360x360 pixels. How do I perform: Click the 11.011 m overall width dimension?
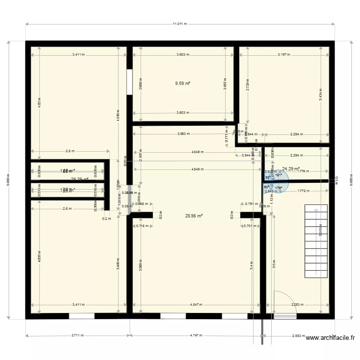(x=180, y=24)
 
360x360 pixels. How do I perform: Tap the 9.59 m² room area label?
(x=182, y=83)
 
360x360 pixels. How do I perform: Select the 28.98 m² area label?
(x=194, y=216)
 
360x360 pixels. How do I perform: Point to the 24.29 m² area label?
(x=290, y=168)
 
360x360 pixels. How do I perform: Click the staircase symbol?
(x=316, y=240)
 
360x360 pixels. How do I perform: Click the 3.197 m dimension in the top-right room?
(x=284, y=55)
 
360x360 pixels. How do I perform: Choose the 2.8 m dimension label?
(x=71, y=151)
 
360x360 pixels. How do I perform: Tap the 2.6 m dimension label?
(x=67, y=208)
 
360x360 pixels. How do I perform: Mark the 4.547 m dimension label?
(x=196, y=304)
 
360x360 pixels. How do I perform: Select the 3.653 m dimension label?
(x=183, y=134)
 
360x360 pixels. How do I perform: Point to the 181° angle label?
(x=279, y=175)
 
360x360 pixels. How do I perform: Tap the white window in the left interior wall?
(x=129, y=82)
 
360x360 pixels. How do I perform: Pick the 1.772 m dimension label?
(x=303, y=191)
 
